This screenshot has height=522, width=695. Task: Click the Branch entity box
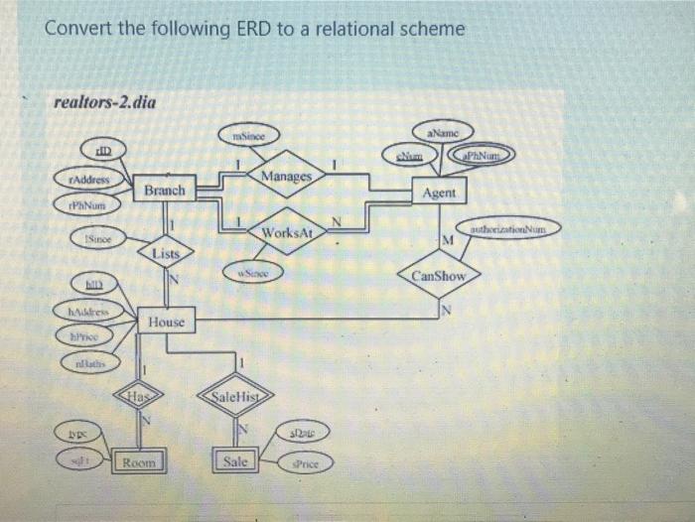[x=163, y=189]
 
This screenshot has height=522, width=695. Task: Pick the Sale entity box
[x=234, y=460]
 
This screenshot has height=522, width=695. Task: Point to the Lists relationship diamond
[x=166, y=253]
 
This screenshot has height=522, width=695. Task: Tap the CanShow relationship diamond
[x=438, y=275]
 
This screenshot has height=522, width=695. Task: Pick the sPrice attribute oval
[x=307, y=463]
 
